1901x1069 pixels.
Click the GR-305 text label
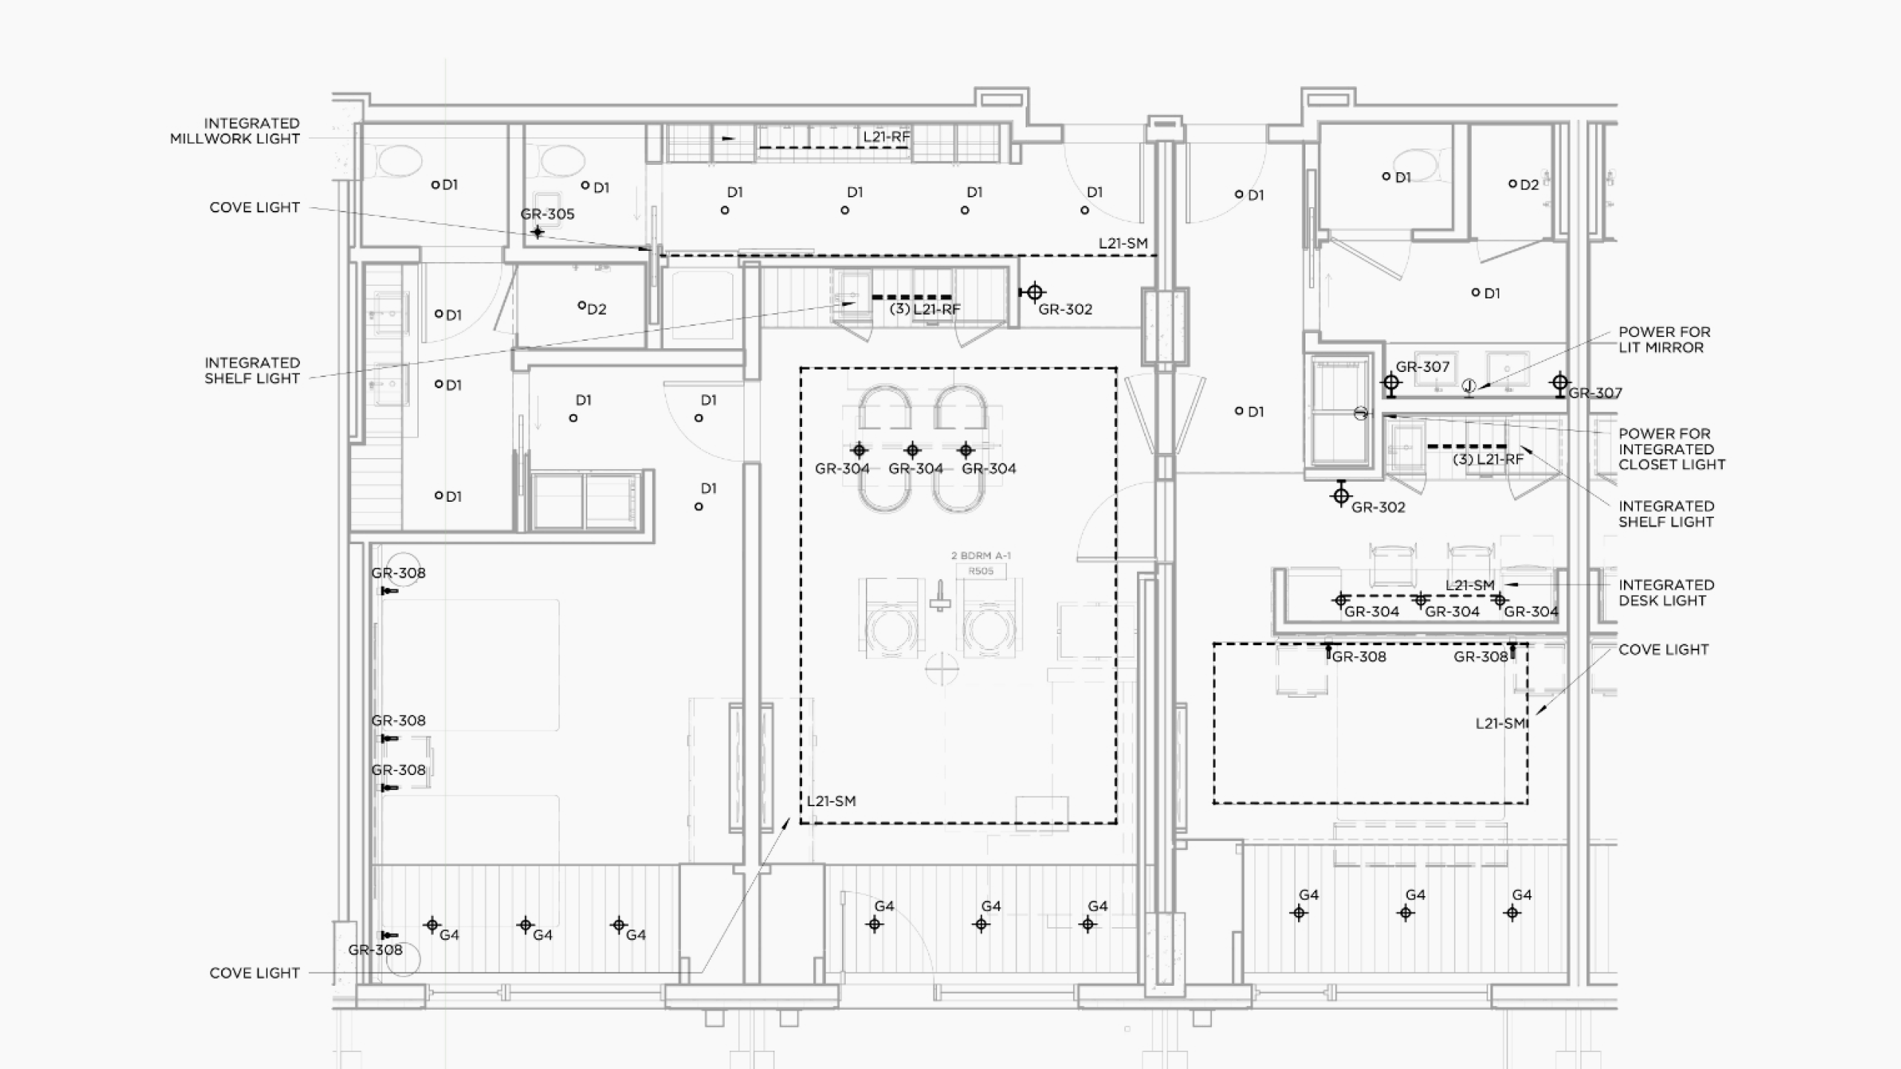point(547,215)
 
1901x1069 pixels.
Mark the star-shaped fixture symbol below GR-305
point(538,232)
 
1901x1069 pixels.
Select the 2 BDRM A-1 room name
point(981,555)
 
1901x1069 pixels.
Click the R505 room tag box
point(981,571)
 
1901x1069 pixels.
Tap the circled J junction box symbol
point(1469,386)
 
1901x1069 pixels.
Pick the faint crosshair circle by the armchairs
point(942,668)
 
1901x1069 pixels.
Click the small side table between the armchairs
point(940,596)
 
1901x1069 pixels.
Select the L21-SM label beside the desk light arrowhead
point(1470,586)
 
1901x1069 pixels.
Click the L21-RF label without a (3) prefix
point(887,137)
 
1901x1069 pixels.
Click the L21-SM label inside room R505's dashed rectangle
point(832,802)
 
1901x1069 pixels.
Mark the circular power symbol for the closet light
point(1360,413)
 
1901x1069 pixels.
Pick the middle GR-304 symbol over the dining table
point(913,450)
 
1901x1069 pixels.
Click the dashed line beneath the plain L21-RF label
point(832,147)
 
